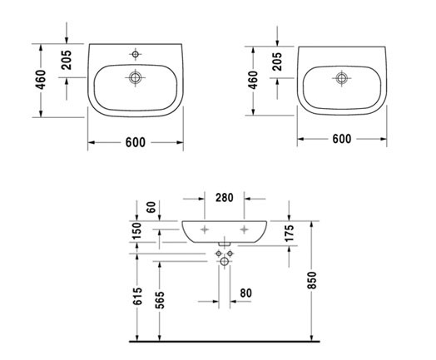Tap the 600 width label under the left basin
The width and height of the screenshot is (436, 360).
[x=136, y=142]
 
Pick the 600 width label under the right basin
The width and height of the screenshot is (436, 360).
[x=340, y=140]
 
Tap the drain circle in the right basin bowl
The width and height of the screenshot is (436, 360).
[x=340, y=78]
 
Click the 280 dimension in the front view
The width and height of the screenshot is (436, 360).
[x=224, y=197]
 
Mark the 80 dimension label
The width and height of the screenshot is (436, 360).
[x=245, y=293]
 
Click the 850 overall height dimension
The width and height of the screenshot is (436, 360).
[x=313, y=282]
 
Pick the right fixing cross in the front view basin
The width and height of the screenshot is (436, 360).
[x=244, y=227]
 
